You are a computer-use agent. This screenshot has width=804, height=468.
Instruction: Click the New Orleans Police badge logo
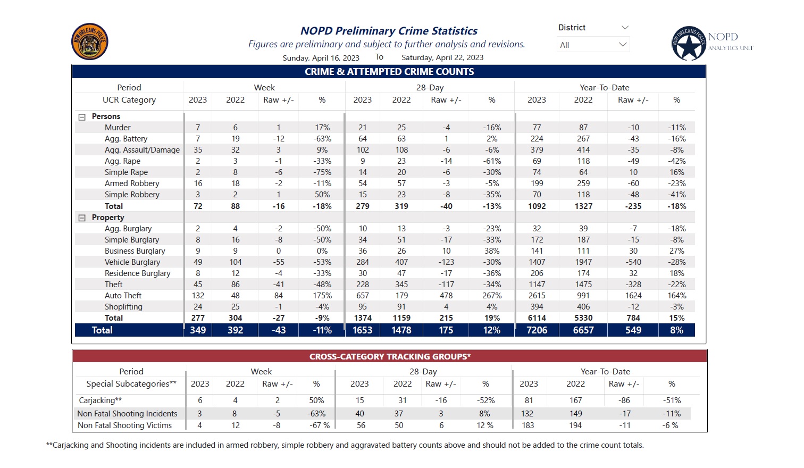90,41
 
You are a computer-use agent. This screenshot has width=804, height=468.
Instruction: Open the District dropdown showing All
593,45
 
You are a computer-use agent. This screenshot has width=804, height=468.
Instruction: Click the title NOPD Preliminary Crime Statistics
389,31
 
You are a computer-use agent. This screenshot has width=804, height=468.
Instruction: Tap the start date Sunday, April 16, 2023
321,58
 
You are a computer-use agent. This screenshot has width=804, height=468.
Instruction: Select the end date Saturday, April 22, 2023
442,57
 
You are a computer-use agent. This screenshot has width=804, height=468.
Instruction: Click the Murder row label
118,128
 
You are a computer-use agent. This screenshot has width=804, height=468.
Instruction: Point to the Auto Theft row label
123,296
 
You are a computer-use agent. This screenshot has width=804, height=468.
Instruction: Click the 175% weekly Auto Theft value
322,296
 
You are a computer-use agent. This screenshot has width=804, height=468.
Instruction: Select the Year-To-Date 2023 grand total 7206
537,330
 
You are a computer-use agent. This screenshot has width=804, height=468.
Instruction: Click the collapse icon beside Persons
82,117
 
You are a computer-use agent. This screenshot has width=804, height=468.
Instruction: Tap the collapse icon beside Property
82,218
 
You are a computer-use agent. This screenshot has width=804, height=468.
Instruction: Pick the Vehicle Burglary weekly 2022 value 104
235,262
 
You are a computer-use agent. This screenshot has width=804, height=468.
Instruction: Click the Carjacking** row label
100,400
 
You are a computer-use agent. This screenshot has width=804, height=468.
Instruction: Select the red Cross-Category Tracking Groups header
389,357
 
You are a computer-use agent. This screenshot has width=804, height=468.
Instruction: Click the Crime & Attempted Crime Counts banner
389,72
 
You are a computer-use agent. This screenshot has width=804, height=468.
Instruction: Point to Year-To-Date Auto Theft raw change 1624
633,296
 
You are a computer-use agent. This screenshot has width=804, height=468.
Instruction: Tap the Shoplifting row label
123,307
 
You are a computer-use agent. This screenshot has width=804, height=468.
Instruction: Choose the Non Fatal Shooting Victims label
124,425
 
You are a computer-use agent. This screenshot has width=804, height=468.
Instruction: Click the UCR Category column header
129,100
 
